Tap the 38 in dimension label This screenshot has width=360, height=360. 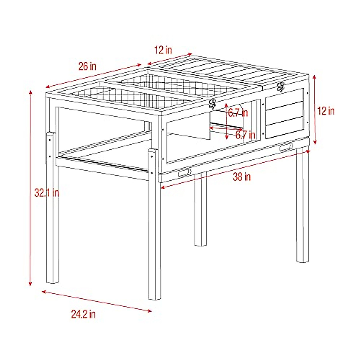coord(242,177)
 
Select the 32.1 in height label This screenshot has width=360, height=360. coord(46,193)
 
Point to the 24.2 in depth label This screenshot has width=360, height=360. coord(83,314)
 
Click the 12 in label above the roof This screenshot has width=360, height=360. coord(163,50)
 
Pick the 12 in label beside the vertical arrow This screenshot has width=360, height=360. coord(326,111)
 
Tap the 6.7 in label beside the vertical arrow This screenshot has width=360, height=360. coord(238,113)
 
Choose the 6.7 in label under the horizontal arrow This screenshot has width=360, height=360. coord(245,135)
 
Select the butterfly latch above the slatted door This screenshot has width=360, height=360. coord(281,86)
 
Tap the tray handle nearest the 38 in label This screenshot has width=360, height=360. coord(184,172)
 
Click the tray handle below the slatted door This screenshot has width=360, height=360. coord(286,147)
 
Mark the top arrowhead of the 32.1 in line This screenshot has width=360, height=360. coord(30,91)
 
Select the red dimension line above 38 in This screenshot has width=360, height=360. coord(235,169)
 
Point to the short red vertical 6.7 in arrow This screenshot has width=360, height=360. coord(227,121)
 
